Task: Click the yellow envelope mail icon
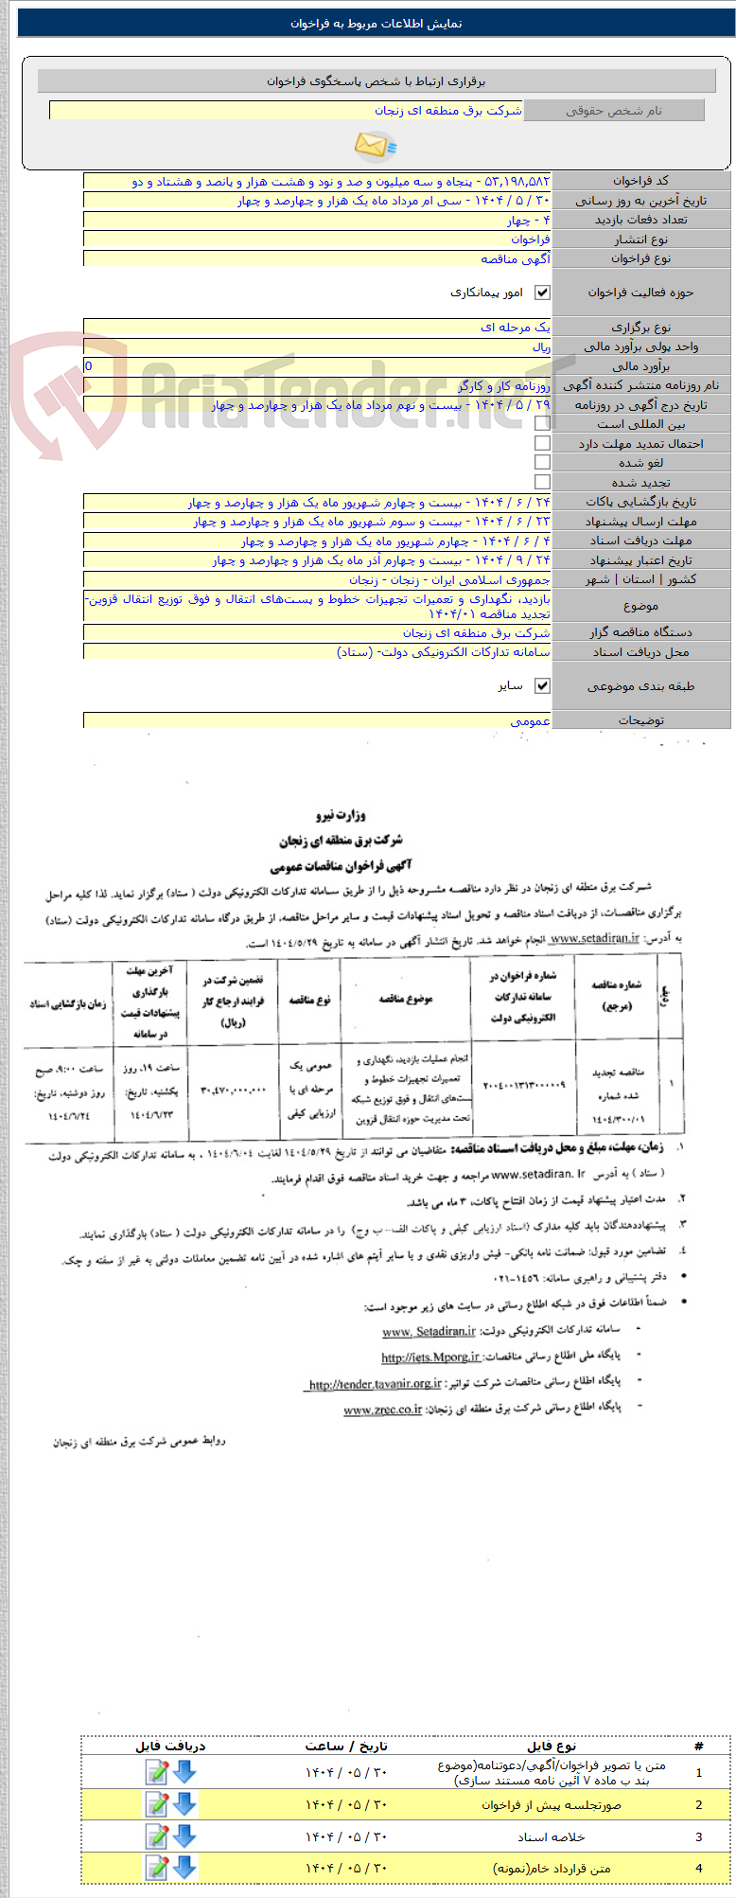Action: coord(375,145)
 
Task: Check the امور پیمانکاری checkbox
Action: coord(542,293)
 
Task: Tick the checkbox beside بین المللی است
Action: coord(542,424)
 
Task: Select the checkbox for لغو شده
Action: coord(542,462)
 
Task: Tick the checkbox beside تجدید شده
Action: coord(542,482)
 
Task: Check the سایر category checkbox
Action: coord(542,685)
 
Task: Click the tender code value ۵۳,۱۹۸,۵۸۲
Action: coord(517,181)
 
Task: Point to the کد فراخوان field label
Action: coord(640,181)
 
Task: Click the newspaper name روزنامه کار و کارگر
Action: coord(504,385)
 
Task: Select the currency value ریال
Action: coord(540,346)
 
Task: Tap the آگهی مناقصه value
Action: coord(515,258)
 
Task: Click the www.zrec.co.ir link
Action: coord(382,1410)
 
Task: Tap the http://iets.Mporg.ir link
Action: coord(430,1357)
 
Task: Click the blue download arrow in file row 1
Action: coord(184,1772)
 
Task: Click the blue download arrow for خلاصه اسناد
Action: coord(184,1836)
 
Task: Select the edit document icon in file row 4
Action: coord(156,1868)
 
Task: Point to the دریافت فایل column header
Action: coord(170,1746)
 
